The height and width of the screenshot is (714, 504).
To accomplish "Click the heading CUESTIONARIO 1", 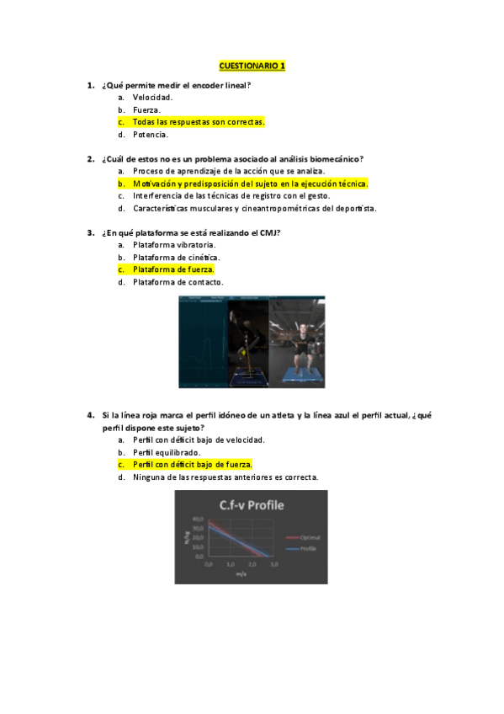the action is click(252, 66).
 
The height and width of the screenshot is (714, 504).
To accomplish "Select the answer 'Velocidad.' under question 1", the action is click(153, 98).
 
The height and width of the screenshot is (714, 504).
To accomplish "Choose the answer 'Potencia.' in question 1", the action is click(151, 135).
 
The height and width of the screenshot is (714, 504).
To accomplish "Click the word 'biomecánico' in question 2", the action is click(341, 158).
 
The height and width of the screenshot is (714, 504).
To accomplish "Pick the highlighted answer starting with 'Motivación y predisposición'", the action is click(250, 184).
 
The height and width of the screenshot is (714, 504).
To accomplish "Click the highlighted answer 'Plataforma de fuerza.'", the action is click(173, 269).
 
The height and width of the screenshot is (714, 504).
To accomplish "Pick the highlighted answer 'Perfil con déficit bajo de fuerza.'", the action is click(193, 465).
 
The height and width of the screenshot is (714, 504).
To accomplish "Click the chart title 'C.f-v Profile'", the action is click(251, 506).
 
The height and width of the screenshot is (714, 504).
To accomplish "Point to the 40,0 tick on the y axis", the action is click(199, 520).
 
